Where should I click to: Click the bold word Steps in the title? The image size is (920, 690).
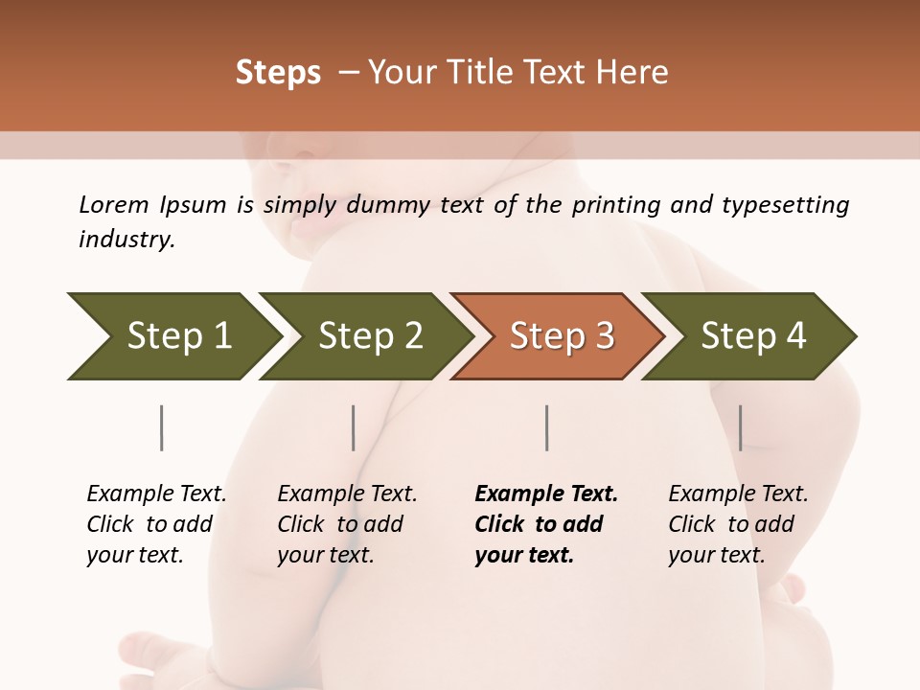(x=278, y=73)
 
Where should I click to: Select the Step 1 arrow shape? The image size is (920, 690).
(x=172, y=336)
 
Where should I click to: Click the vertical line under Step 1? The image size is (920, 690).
(x=162, y=427)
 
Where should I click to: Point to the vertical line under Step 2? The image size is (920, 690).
(x=354, y=427)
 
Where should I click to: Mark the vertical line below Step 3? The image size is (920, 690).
(x=546, y=427)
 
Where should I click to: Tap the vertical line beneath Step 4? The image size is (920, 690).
(x=740, y=427)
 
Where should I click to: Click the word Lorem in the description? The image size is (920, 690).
(x=114, y=205)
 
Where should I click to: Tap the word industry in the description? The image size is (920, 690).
(x=126, y=240)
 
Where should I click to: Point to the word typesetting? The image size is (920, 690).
(x=791, y=205)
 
